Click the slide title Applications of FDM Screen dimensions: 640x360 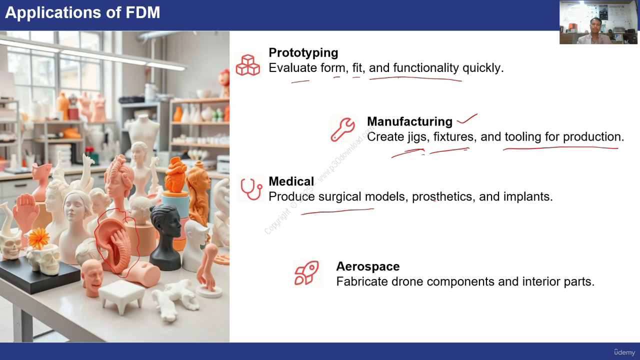pos(82,12)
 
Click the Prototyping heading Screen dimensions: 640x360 pos(303,53)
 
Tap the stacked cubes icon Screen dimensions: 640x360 pos(247,65)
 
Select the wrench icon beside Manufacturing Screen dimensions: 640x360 pos(343,129)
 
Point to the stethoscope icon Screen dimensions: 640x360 pos(251,189)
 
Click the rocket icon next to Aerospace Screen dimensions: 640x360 pos(307,273)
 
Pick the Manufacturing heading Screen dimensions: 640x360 pos(409,121)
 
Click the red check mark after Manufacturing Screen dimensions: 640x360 pos(467,119)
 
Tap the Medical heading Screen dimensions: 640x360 pos(291,181)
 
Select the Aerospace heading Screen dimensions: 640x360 pos(367,266)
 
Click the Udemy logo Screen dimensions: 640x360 pos(624,352)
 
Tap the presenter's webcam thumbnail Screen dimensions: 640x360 pos(598,22)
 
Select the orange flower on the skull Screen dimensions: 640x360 pos(39,238)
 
